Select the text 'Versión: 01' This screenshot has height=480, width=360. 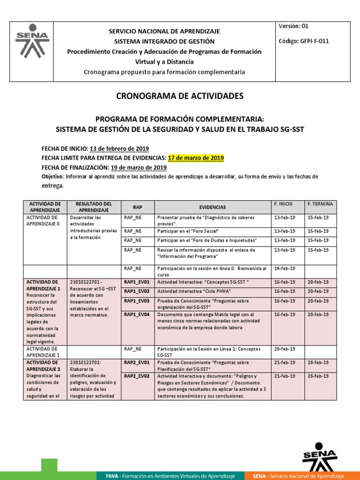pyautogui.click(x=293, y=26)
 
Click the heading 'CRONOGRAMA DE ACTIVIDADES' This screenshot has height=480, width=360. pyautogui.click(x=180, y=96)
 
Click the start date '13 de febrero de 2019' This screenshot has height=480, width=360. pyautogui.click(x=119, y=149)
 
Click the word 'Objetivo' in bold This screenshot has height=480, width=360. pyautogui.click(x=52, y=177)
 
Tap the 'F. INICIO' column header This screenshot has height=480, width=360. pyautogui.click(x=283, y=204)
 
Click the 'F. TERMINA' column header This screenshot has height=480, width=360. pyautogui.click(x=320, y=204)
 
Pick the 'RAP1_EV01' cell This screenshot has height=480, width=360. pyautogui.click(x=136, y=282)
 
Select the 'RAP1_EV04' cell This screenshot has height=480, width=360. pyautogui.click(x=136, y=315)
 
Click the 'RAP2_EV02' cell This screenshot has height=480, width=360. pyautogui.click(x=136, y=376)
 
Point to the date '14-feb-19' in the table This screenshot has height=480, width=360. pyautogui.click(x=284, y=269)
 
